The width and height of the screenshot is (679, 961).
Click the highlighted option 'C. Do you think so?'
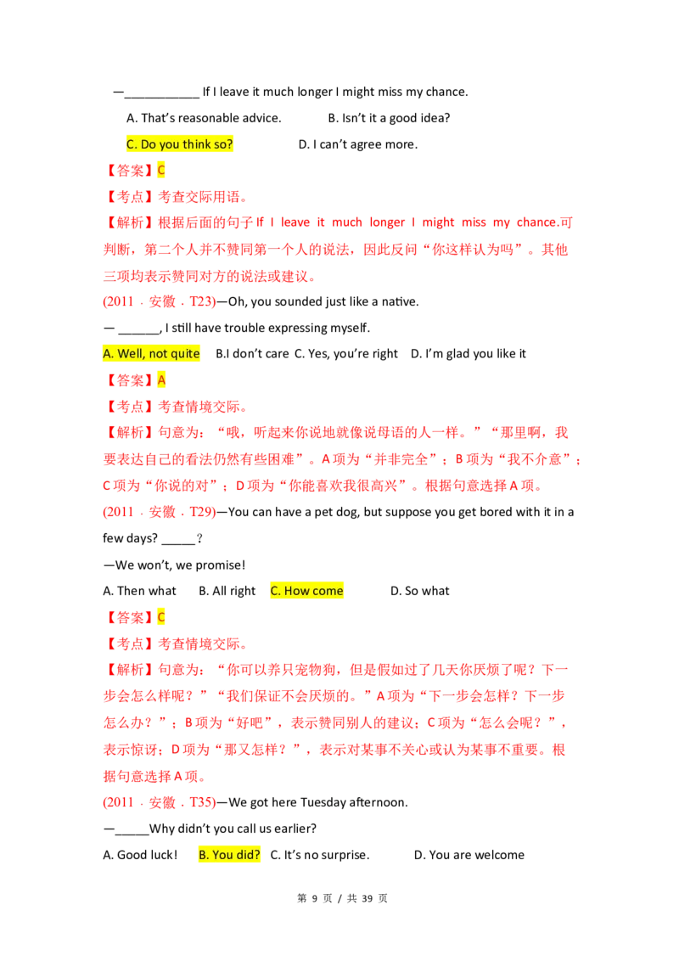180,144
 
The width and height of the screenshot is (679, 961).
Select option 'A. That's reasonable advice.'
204,118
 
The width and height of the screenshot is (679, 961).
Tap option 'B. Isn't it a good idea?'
389,118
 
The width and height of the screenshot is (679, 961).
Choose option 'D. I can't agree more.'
358,144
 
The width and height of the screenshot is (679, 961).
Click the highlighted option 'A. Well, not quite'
151,354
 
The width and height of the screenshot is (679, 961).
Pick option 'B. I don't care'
252,354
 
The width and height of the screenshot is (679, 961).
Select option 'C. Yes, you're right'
346,354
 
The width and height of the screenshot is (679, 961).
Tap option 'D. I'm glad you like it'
469,354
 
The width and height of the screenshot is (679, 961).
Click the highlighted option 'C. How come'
307,591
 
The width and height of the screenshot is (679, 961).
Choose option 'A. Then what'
140,591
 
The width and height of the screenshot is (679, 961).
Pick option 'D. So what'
420,591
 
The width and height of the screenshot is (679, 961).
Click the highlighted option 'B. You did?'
229,854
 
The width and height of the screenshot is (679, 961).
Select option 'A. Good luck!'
140,854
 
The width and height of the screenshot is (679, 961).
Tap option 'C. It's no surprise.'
320,854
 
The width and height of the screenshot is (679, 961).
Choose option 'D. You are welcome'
469,854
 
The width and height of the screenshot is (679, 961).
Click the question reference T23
201,301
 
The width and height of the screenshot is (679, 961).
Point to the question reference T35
201,802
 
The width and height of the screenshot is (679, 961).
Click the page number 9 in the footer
314,898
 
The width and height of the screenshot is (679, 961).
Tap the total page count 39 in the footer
367,898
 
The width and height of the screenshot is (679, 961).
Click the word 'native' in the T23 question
400,301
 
